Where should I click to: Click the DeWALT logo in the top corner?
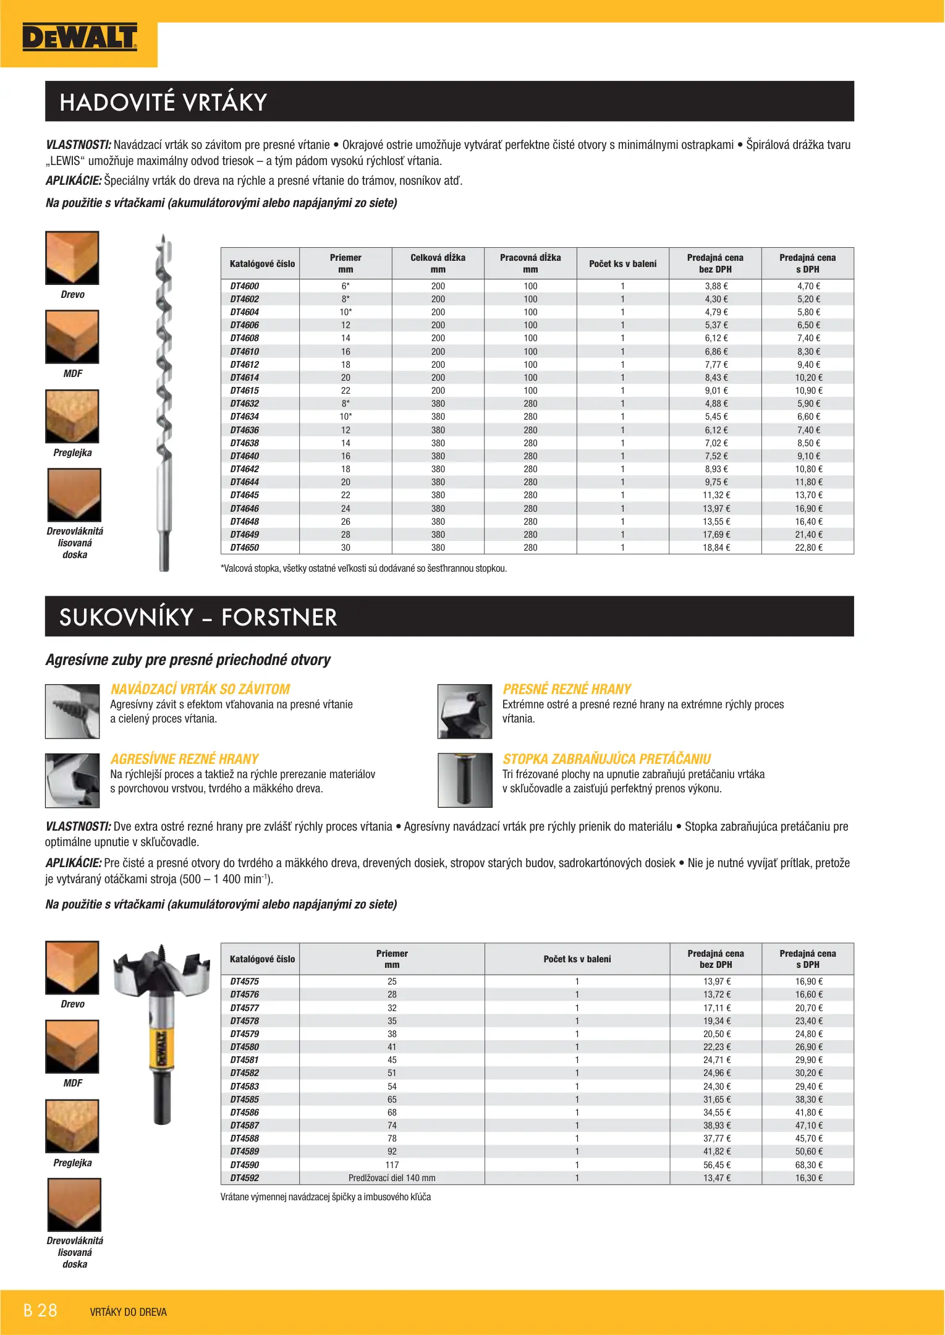pyautogui.click(x=79, y=38)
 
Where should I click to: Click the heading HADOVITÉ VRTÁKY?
pyautogui.click(x=163, y=102)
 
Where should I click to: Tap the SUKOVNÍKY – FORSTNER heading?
pyautogui.click(x=198, y=617)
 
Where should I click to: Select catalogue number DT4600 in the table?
pyautogui.click(x=245, y=286)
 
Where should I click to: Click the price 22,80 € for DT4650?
pyautogui.click(x=808, y=548)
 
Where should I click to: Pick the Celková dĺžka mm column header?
pyautogui.click(x=438, y=263)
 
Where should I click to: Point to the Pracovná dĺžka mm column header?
pyautogui.click(x=530, y=263)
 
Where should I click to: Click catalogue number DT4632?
pyautogui.click(x=245, y=404)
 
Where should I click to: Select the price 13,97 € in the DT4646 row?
pyautogui.click(x=716, y=509)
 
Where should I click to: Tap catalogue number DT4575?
pyautogui.click(x=245, y=981)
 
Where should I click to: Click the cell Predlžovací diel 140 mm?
pyautogui.click(x=392, y=1178)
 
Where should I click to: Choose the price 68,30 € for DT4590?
pyautogui.click(x=808, y=1165)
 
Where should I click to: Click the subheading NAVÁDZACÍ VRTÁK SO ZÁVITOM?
pyautogui.click(x=200, y=689)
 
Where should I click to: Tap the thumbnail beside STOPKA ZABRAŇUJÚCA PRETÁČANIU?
pyautogui.click(x=465, y=780)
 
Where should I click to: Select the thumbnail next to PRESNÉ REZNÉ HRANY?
pyautogui.click(x=465, y=711)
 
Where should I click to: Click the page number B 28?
pyautogui.click(x=40, y=1310)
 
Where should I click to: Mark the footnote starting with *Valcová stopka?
pyautogui.click(x=363, y=569)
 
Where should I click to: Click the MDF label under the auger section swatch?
pyautogui.click(x=72, y=374)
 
